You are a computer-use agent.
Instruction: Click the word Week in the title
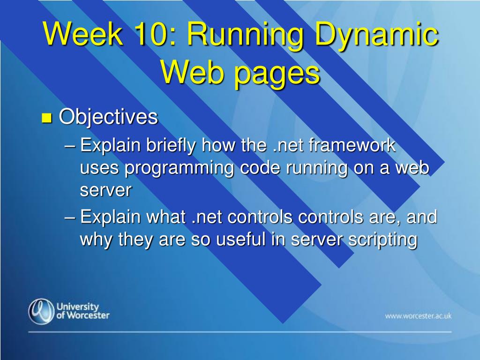[x=82, y=33]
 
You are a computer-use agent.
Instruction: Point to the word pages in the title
[x=277, y=75]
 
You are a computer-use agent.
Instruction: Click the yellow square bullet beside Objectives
[x=46, y=118]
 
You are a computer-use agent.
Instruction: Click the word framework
[x=352, y=145]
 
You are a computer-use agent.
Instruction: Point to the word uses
[x=99, y=169]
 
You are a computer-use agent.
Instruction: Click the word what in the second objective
[x=166, y=217]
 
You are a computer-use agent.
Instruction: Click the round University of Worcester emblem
[x=41, y=311]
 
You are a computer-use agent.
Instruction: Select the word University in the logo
[x=78, y=307]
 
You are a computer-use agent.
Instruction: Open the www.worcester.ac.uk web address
[x=418, y=316]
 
